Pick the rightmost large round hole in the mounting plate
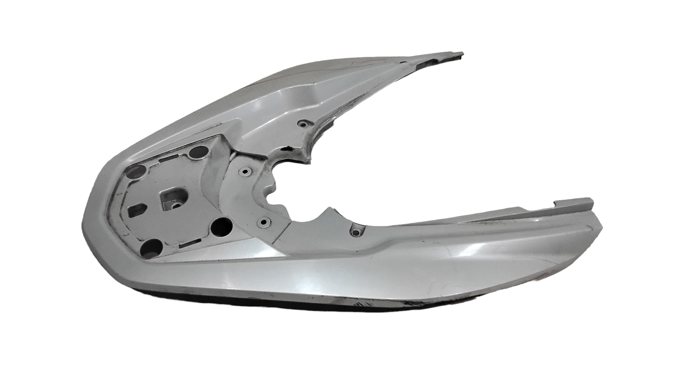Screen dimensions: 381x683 (x=222, y=225)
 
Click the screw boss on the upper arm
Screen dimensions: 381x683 (x=302, y=123)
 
